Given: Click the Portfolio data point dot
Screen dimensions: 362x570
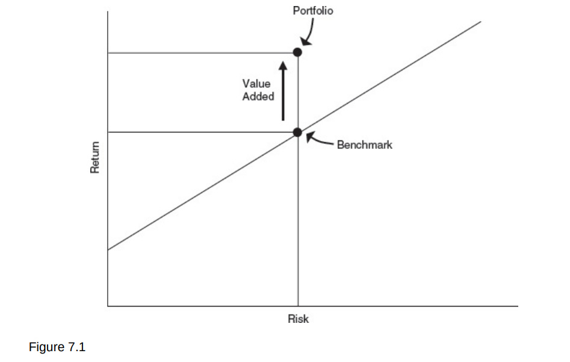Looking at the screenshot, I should point(297,52).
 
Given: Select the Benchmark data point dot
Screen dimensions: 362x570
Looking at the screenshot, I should point(297,133).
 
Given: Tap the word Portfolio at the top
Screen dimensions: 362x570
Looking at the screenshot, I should point(313,11).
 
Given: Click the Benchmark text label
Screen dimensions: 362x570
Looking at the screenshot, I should point(365,145).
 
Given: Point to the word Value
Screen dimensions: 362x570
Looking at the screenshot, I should point(256,84).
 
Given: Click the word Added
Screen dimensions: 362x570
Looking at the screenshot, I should point(258,96).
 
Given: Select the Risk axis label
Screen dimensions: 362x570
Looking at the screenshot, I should point(298,319).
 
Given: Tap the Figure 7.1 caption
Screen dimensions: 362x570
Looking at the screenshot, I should point(57,347).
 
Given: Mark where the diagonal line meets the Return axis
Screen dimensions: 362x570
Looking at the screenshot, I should point(108,249).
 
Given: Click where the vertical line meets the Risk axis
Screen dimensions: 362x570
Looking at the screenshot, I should point(298,306).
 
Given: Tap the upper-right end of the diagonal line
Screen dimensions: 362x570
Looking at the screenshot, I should point(481,22).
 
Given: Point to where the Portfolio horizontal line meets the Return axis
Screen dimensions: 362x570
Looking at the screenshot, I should point(108,53).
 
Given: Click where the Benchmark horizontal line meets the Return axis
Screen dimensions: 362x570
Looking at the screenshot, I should point(108,132).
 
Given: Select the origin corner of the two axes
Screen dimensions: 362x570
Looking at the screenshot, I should point(108,306).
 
